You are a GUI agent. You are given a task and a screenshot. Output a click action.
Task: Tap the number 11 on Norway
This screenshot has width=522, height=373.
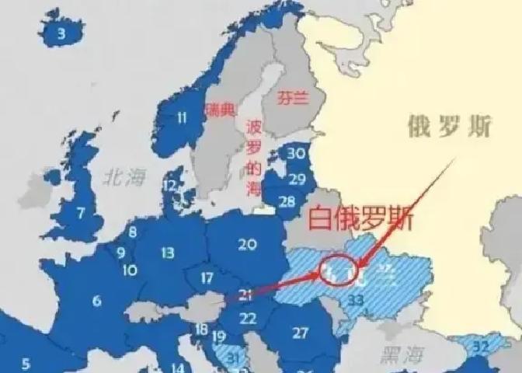pos(182,118)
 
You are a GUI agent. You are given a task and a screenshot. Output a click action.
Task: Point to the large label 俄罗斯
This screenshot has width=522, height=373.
pos(449,127)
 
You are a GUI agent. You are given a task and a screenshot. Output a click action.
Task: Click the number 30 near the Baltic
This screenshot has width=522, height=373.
pos(296,154)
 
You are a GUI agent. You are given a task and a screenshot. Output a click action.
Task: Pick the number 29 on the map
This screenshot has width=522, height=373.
pos(297,179)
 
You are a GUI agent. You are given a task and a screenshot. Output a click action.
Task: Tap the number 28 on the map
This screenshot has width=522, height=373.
pos(287,203)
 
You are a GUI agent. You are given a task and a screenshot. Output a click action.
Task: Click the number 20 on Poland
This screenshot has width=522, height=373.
pos(247,245)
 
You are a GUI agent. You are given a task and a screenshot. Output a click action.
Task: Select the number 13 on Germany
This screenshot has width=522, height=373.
pos(168,253)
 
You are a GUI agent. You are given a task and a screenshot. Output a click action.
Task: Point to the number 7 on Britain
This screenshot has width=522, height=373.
pos(80,211)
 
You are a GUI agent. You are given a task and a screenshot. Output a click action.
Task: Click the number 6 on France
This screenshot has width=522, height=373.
pos(96,301)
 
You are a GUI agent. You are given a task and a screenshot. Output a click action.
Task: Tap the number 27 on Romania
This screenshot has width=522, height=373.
pos(301,333)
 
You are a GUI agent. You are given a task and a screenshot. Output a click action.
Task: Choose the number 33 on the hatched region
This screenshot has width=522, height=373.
pos(357,298)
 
